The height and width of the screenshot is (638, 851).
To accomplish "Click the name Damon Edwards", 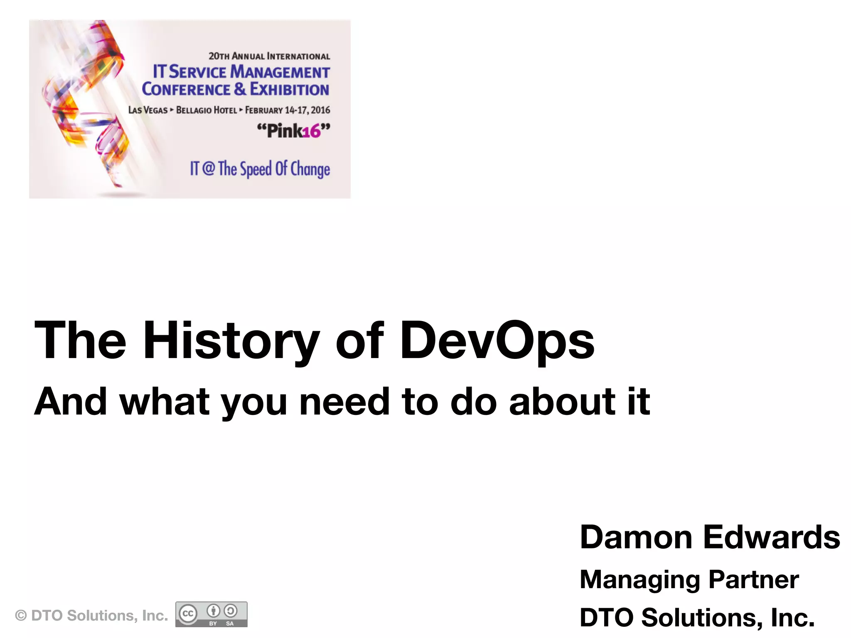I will (x=710, y=537).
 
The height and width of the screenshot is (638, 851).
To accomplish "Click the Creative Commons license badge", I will (x=211, y=614).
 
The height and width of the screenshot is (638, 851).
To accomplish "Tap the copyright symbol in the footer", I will (x=20, y=616).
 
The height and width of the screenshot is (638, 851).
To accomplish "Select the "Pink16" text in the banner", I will (x=293, y=131).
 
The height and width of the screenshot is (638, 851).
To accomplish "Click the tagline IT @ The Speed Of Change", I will (x=260, y=169).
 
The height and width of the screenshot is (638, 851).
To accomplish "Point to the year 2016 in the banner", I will (x=320, y=110).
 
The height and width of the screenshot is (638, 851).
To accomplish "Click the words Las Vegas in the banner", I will (x=148, y=110).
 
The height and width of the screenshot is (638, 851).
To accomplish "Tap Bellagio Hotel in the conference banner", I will (x=206, y=110).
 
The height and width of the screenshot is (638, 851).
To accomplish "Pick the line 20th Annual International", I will (x=269, y=56).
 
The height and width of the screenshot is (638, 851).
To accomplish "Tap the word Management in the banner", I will (x=280, y=72).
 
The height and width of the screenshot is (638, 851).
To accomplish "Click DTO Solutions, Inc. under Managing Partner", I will (x=697, y=617).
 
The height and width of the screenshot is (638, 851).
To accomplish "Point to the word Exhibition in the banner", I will (x=290, y=89).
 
